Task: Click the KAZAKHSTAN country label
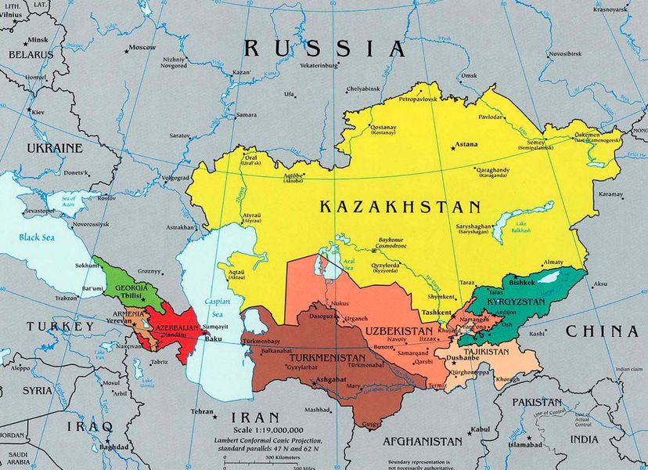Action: [x=399, y=208]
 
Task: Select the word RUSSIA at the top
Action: [x=325, y=49]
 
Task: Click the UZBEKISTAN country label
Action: [x=400, y=331]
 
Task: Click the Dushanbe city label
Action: [x=463, y=359]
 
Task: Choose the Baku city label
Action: [x=212, y=339]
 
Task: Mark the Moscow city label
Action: [x=142, y=48]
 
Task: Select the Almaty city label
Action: [x=553, y=262]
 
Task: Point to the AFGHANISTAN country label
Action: [x=424, y=441]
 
